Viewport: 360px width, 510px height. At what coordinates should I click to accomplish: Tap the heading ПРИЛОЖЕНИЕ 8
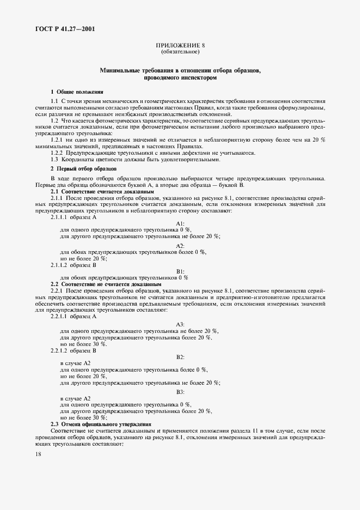(180, 46)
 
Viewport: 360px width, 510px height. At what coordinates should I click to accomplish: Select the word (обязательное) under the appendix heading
(180, 52)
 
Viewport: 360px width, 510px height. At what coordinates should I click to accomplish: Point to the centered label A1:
(180, 223)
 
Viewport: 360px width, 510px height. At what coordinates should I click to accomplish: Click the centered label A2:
(180, 245)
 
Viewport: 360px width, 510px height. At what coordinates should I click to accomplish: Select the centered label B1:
(180, 271)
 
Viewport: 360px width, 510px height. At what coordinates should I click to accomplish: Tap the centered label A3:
(180, 324)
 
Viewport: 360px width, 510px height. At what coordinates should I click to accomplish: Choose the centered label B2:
(180, 356)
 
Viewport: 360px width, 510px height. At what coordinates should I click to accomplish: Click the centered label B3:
(180, 392)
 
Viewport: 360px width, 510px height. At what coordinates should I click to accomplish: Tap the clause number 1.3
(54, 160)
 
